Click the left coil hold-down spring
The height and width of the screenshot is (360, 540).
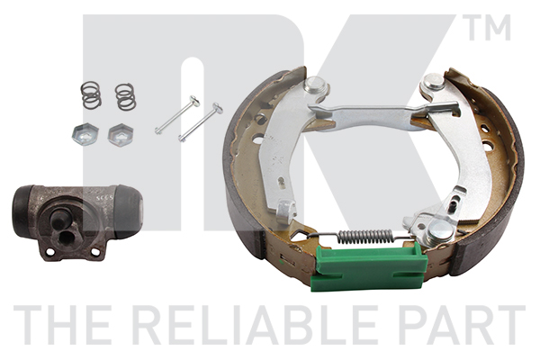91,94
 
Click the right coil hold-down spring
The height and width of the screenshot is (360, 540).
125,96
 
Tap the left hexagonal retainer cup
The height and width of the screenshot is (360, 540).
85,134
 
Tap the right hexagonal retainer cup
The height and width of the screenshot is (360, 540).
121,135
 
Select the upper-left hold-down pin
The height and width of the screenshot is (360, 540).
177,114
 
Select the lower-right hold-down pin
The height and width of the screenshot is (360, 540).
200,122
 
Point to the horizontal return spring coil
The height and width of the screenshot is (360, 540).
365,237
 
